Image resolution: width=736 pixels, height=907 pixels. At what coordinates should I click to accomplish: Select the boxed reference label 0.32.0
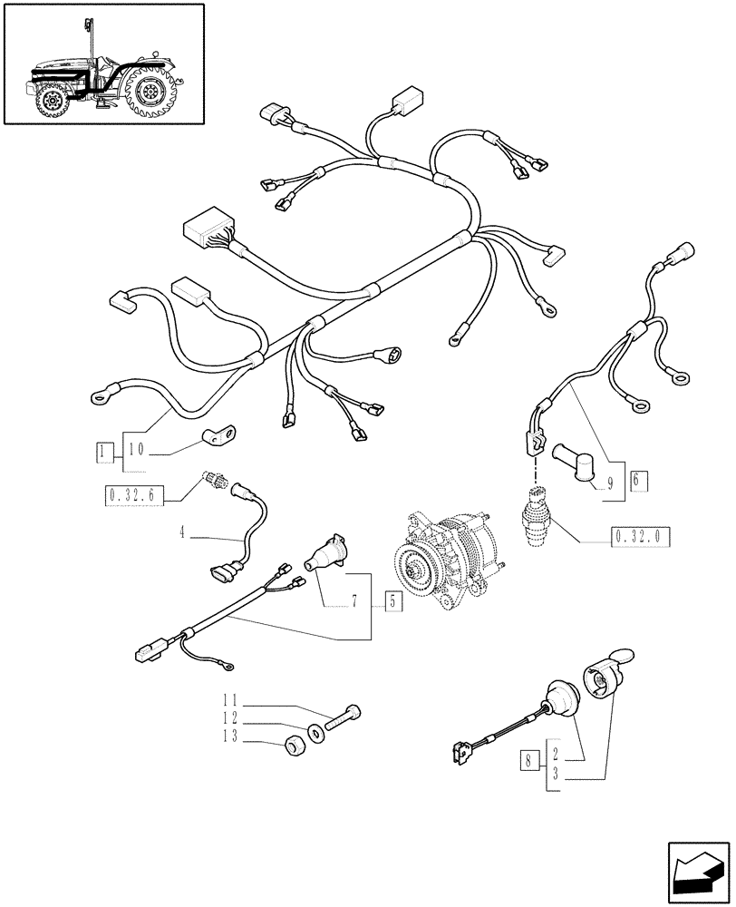point(640,536)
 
